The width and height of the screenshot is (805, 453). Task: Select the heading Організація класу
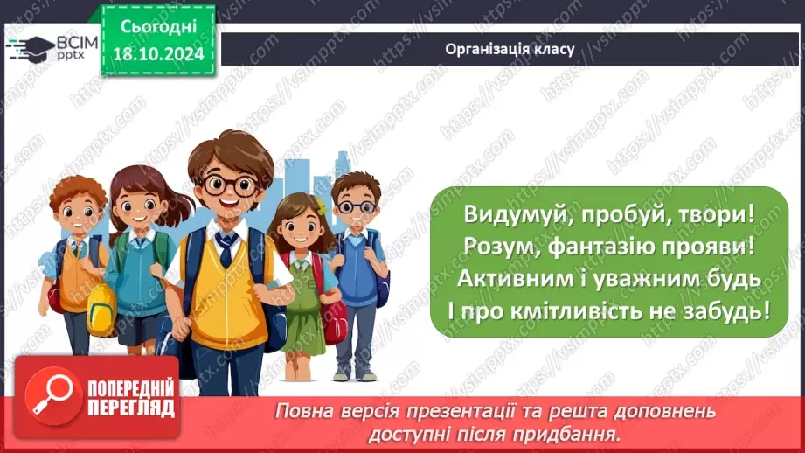click(510, 49)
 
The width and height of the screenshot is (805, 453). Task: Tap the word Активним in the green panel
click(519, 279)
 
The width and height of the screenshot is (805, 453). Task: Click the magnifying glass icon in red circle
click(54, 404)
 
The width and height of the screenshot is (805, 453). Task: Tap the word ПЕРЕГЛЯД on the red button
click(131, 409)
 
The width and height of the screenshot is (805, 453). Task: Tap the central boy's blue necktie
click(226, 249)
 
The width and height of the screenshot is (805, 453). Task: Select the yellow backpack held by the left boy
click(101, 309)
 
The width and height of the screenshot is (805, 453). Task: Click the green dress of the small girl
click(303, 310)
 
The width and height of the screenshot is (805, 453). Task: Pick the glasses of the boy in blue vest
click(355, 207)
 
